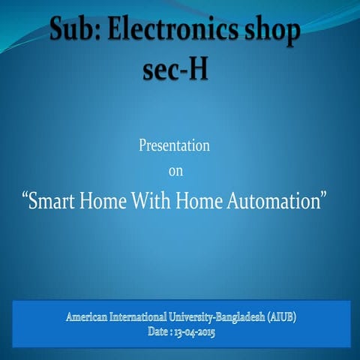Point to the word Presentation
[x=174, y=145]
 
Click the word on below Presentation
[x=175, y=172]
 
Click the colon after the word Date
[x=171, y=332]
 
